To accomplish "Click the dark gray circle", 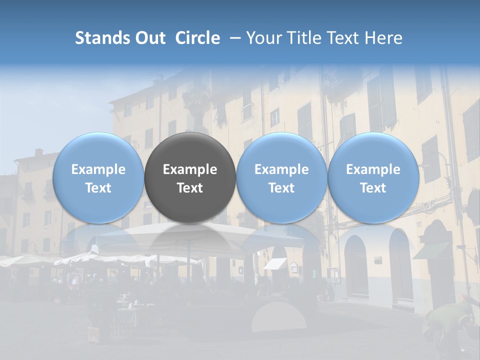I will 190,178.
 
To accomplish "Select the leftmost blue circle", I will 98,178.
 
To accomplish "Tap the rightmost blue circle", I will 373,178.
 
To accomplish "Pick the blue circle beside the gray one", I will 281,178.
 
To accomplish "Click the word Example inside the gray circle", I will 190,169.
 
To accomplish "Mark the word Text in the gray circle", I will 190,188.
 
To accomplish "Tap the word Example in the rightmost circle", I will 373,169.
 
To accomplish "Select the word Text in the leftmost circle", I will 98,188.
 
